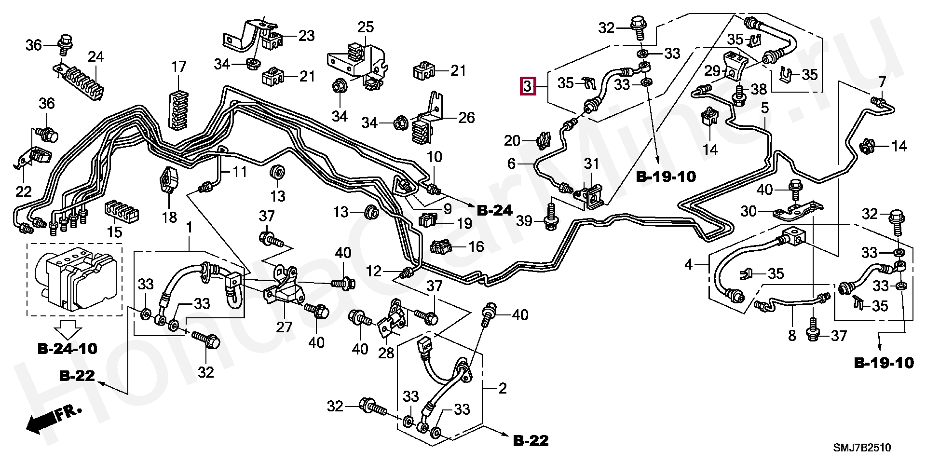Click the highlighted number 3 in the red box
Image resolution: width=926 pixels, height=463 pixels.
[528, 87]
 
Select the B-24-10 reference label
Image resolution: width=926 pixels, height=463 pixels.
[67, 348]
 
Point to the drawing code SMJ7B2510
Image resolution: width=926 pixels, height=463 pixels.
[862, 448]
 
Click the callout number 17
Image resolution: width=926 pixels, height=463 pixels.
[178, 67]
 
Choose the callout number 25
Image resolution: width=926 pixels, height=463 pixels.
[366, 27]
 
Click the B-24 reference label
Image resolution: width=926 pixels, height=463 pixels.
[495, 211]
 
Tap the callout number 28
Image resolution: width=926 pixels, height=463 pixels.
[386, 353]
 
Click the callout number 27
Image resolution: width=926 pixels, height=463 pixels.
[284, 327]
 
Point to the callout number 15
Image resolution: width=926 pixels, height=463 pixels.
[114, 232]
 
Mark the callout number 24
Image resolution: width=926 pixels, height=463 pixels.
[95, 57]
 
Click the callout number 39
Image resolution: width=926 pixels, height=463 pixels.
[524, 221]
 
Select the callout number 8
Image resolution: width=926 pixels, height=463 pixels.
[792, 336]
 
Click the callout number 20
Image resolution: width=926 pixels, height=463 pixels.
[512, 141]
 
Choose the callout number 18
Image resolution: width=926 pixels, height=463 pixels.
[169, 217]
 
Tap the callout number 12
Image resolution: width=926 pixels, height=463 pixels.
[374, 271]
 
